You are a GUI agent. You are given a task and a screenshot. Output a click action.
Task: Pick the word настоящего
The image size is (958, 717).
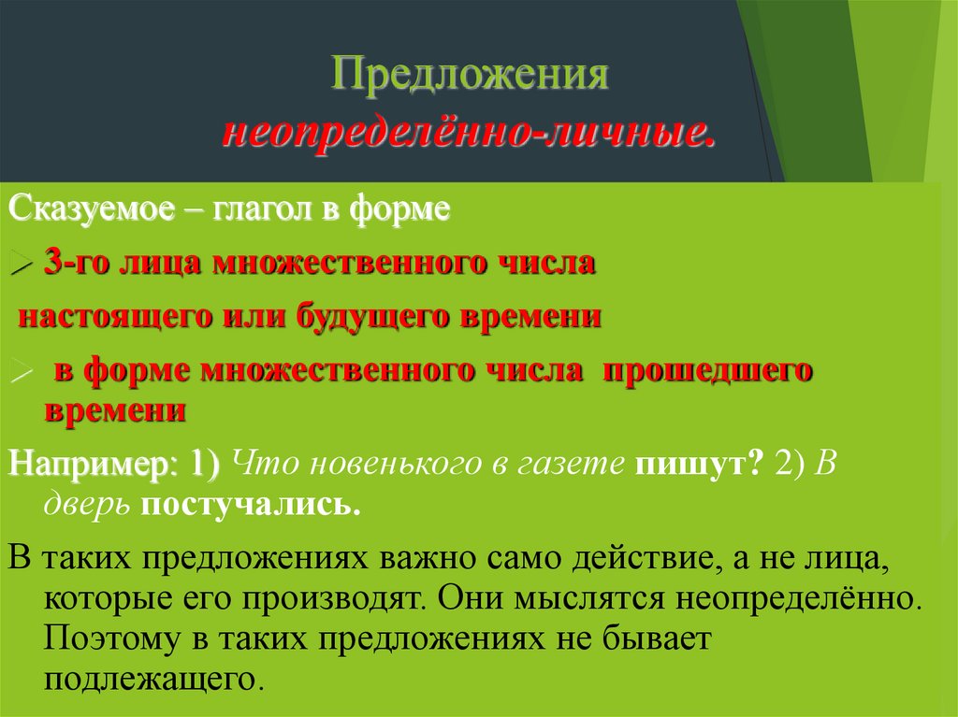[112, 316]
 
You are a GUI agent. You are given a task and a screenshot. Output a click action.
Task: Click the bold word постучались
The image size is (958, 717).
[250, 505]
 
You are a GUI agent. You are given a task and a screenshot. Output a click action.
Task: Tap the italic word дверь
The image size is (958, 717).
[89, 505]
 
